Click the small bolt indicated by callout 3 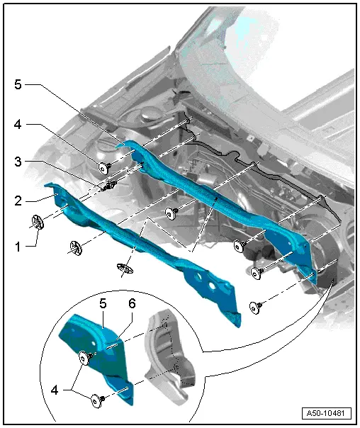tap(110, 187)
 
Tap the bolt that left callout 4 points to tap(105, 167)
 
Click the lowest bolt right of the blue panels tap(255, 306)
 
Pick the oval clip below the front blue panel tap(125, 268)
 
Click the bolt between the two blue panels tap(170, 212)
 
